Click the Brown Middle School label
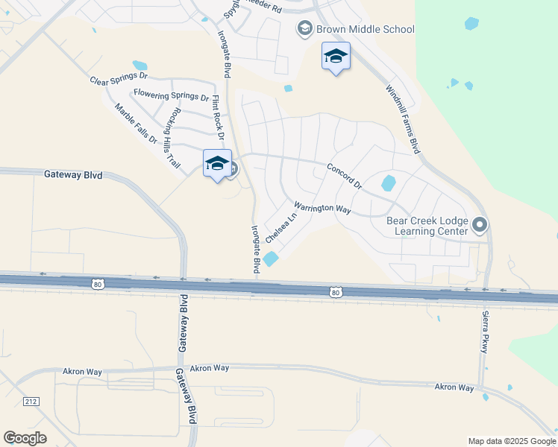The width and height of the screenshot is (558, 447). (365, 30)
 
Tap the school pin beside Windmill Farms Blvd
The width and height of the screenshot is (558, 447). (336, 57)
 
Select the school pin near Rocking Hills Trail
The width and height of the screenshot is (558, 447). (217, 165)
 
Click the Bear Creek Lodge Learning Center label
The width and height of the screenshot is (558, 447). (427, 226)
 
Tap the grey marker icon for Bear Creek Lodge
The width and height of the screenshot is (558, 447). (480, 223)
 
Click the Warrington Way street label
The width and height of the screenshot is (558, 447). (322, 209)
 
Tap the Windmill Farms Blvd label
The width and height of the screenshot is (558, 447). (404, 120)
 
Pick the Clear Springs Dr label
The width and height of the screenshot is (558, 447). (119, 79)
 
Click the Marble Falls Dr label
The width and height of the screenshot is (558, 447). (136, 124)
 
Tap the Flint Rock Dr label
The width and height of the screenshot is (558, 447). (218, 118)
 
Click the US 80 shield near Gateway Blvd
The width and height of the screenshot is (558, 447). (98, 284)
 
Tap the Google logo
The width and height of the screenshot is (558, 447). (25, 438)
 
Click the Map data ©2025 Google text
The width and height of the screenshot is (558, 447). (511, 441)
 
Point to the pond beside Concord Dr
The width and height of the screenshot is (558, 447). (389, 183)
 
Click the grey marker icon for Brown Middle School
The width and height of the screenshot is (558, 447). (304, 29)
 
